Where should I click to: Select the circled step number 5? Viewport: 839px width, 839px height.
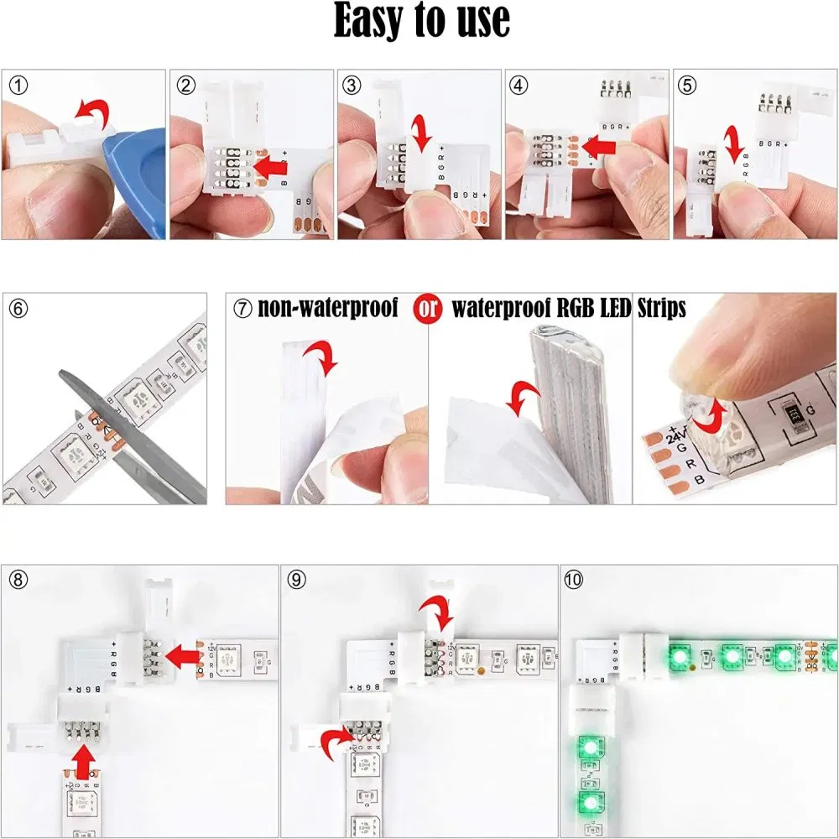coord(688,84)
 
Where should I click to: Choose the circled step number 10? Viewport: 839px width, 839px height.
coord(576,579)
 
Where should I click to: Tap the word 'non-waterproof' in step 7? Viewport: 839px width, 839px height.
coord(327,309)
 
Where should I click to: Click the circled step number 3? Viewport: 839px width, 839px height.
coord(352,84)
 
